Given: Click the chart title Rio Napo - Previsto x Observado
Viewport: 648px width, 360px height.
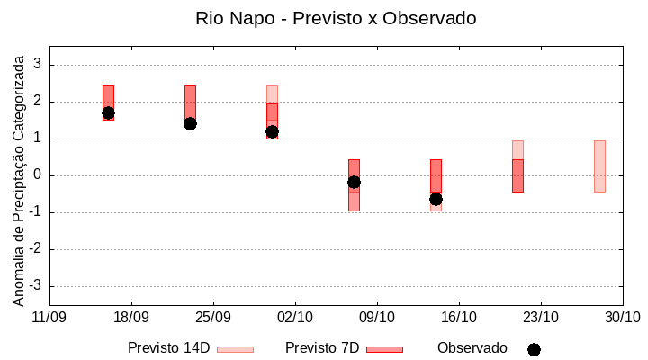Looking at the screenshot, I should point(336,18).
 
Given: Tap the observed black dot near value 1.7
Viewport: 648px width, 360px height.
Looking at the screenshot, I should point(108,113).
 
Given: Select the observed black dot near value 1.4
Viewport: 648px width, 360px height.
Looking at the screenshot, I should point(190,123).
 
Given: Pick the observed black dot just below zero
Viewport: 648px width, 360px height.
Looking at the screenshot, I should point(354,182).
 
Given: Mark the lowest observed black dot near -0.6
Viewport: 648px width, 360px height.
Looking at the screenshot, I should point(436,199).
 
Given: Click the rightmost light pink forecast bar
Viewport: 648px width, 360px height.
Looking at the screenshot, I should point(599,166).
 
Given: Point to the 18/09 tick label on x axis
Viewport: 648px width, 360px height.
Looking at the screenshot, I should point(131,317).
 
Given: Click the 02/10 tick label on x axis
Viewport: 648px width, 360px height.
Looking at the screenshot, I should point(294,317).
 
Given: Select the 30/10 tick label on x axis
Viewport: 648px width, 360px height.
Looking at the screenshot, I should point(622,317).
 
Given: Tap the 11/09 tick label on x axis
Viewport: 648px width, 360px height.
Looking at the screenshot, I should point(49,317).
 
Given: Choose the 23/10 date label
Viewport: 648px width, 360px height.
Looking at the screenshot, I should point(540,317).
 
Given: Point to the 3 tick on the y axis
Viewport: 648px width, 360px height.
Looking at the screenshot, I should point(39,65).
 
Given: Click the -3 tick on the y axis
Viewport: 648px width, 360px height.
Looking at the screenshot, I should point(36,286).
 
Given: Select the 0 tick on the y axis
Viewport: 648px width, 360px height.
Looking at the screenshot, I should point(39,175).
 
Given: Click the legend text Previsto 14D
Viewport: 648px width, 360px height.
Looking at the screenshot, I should point(168,348).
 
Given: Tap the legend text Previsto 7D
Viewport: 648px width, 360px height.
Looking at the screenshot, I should point(321,348).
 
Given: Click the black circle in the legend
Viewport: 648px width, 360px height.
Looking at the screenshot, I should point(534,349).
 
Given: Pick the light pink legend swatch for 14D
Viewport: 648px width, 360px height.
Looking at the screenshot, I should point(235,349).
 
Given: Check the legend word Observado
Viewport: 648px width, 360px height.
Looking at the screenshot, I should point(472,348).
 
